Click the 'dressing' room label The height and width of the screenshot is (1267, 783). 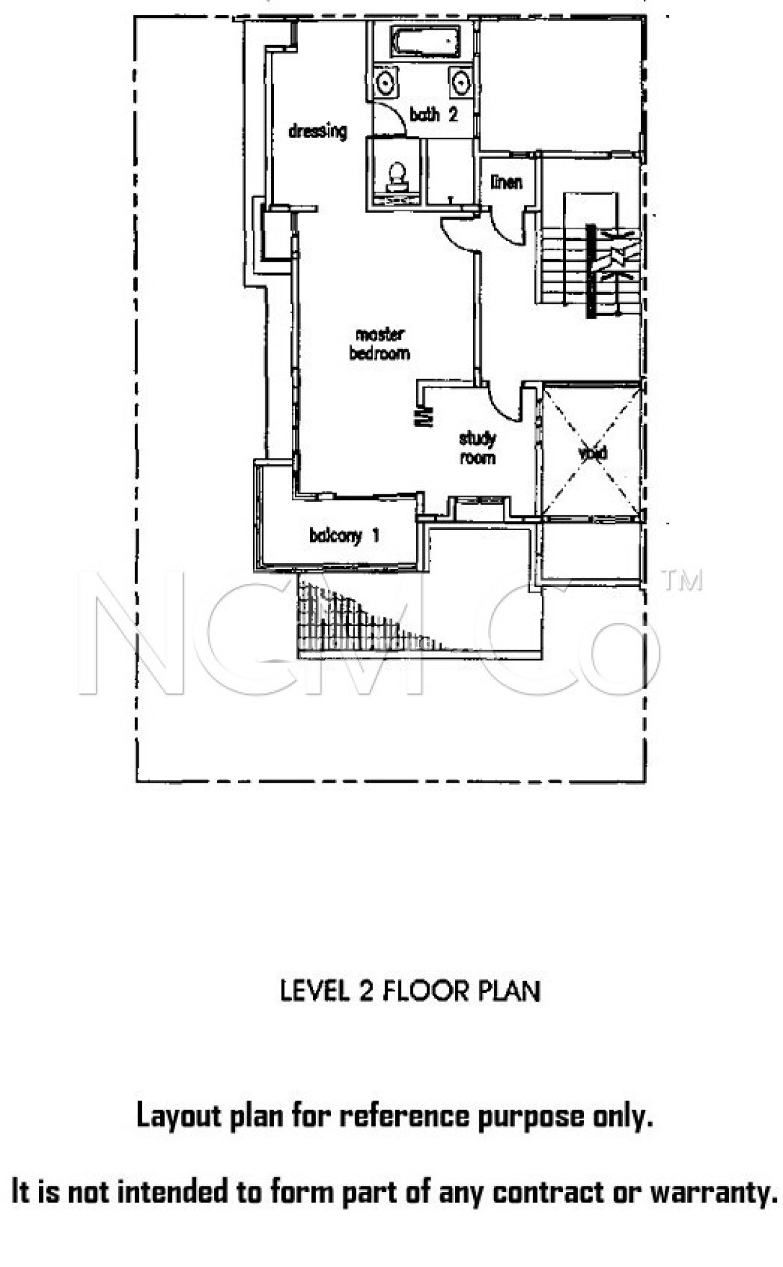(317, 131)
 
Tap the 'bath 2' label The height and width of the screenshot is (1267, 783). (434, 114)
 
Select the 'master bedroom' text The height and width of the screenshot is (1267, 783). (380, 344)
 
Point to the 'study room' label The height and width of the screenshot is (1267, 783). (477, 449)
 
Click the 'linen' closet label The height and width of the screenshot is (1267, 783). (507, 182)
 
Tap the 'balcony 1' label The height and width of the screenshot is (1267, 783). (344, 536)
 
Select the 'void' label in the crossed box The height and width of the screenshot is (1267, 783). (593, 453)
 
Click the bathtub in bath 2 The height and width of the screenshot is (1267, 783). (426, 42)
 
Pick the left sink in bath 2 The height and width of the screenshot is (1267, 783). (386, 82)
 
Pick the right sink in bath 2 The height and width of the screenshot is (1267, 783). (460, 82)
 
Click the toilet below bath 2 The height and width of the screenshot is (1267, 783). (396, 176)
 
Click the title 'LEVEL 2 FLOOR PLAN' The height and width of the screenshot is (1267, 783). (410, 990)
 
